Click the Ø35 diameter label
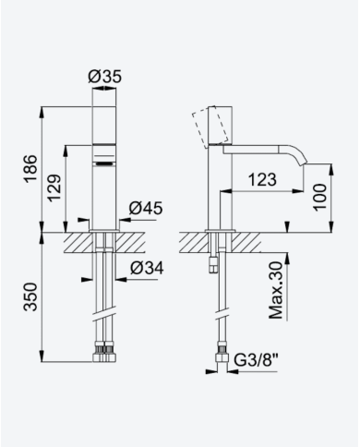[105, 77]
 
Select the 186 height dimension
[31, 169]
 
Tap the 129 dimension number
[55, 188]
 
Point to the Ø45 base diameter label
[146, 209]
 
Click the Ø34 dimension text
[147, 268]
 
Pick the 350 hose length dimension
[31, 296]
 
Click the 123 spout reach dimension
[262, 179]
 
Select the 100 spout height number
[320, 197]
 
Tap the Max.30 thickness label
[276, 290]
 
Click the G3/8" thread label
[256, 360]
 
